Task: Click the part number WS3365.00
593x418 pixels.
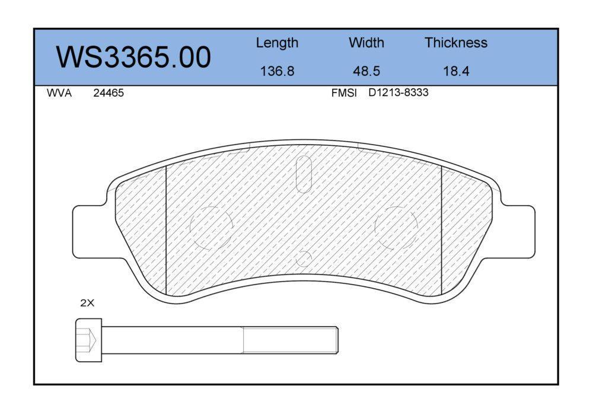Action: point(133,57)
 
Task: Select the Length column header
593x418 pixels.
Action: point(277,43)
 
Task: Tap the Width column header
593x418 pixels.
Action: point(366,42)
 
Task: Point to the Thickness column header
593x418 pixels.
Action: point(455,42)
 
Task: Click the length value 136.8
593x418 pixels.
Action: point(277,71)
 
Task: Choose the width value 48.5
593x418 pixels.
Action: point(366,71)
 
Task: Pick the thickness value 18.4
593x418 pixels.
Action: point(456,71)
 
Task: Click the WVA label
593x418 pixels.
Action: point(59,93)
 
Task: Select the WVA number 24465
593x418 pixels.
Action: point(109,93)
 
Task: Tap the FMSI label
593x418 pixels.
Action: point(344,92)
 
